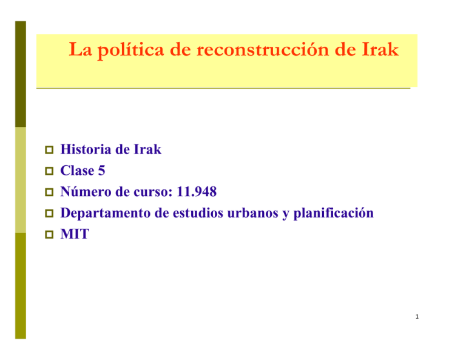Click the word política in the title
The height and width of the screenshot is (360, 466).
tap(121, 50)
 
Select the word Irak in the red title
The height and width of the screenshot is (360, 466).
tap(379, 50)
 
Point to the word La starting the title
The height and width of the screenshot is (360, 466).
tap(79, 50)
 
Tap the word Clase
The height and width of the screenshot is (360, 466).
tap(77, 171)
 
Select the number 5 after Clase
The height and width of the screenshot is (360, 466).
tap(101, 171)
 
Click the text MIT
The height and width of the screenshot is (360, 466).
tap(75, 234)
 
